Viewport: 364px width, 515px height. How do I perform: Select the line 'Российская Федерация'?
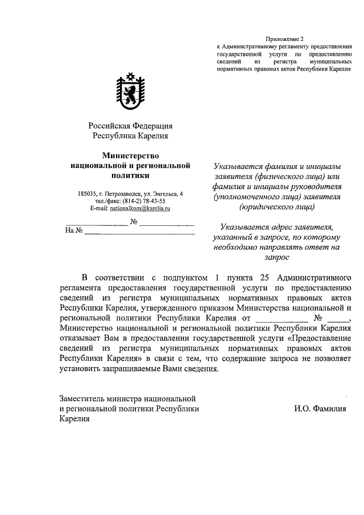coord(130,126)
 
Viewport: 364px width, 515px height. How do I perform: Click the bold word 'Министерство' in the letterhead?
coord(130,155)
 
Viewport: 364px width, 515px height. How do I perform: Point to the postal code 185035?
coord(89,194)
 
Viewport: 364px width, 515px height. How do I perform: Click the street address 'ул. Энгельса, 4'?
coord(163,194)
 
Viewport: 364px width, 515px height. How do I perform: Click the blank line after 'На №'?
coord(139,232)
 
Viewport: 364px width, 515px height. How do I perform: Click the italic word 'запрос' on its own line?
coord(276,257)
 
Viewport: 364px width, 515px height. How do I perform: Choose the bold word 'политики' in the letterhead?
coord(130,176)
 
